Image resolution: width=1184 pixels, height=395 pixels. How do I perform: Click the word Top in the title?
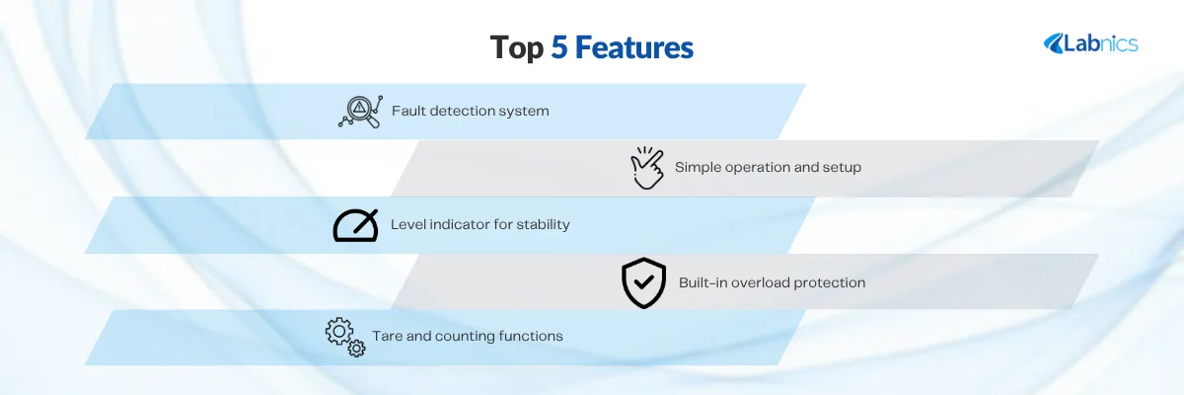[x=516, y=48]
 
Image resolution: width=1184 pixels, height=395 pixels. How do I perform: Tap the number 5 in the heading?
[x=559, y=47]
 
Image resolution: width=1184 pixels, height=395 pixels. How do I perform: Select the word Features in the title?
[x=634, y=47]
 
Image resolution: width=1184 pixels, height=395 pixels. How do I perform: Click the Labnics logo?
[x=1091, y=43]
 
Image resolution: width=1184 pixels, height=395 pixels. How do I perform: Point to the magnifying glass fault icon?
[x=360, y=112]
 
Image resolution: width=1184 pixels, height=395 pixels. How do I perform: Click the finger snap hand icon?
[x=647, y=168]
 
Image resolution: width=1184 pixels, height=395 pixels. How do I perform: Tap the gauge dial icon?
[x=356, y=226]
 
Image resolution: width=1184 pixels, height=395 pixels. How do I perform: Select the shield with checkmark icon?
[x=643, y=282]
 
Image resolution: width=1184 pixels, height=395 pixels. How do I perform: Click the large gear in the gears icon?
[x=338, y=331]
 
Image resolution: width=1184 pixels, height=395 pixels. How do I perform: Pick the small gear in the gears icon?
[x=357, y=349]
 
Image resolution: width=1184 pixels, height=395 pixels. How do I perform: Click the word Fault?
[x=408, y=111]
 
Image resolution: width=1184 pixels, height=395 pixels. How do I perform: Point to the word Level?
[x=408, y=224]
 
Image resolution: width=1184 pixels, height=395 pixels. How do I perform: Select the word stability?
[x=543, y=225]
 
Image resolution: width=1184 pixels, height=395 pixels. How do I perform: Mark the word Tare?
[x=387, y=336]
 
